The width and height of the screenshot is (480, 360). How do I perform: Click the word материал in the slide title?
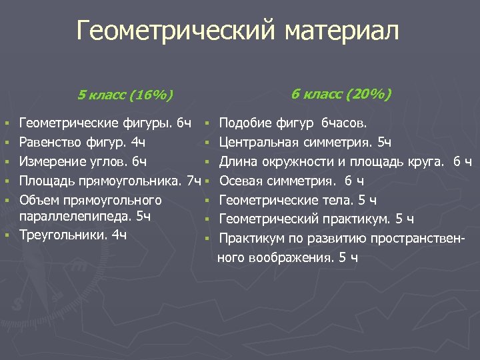coord(343,31)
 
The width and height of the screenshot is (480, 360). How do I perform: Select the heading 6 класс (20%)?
coord(341,93)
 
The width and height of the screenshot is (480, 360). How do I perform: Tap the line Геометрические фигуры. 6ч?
coord(106,123)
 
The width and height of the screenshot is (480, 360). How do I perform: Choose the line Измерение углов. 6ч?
coord(84,161)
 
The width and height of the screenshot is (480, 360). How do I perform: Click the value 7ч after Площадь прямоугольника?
coord(194,180)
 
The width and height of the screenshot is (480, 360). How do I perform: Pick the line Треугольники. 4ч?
coord(73,235)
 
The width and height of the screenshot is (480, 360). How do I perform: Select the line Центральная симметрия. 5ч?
coord(305,141)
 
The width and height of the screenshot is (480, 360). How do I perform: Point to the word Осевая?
coord(241,180)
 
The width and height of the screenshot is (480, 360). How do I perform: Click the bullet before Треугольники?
coord(7,235)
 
